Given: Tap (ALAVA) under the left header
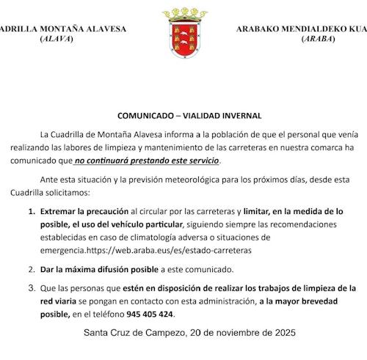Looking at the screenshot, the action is (56, 38).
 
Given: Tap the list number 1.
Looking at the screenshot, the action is (32, 211).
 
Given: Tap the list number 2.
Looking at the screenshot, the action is (32, 269).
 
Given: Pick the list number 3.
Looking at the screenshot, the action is (32, 288).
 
